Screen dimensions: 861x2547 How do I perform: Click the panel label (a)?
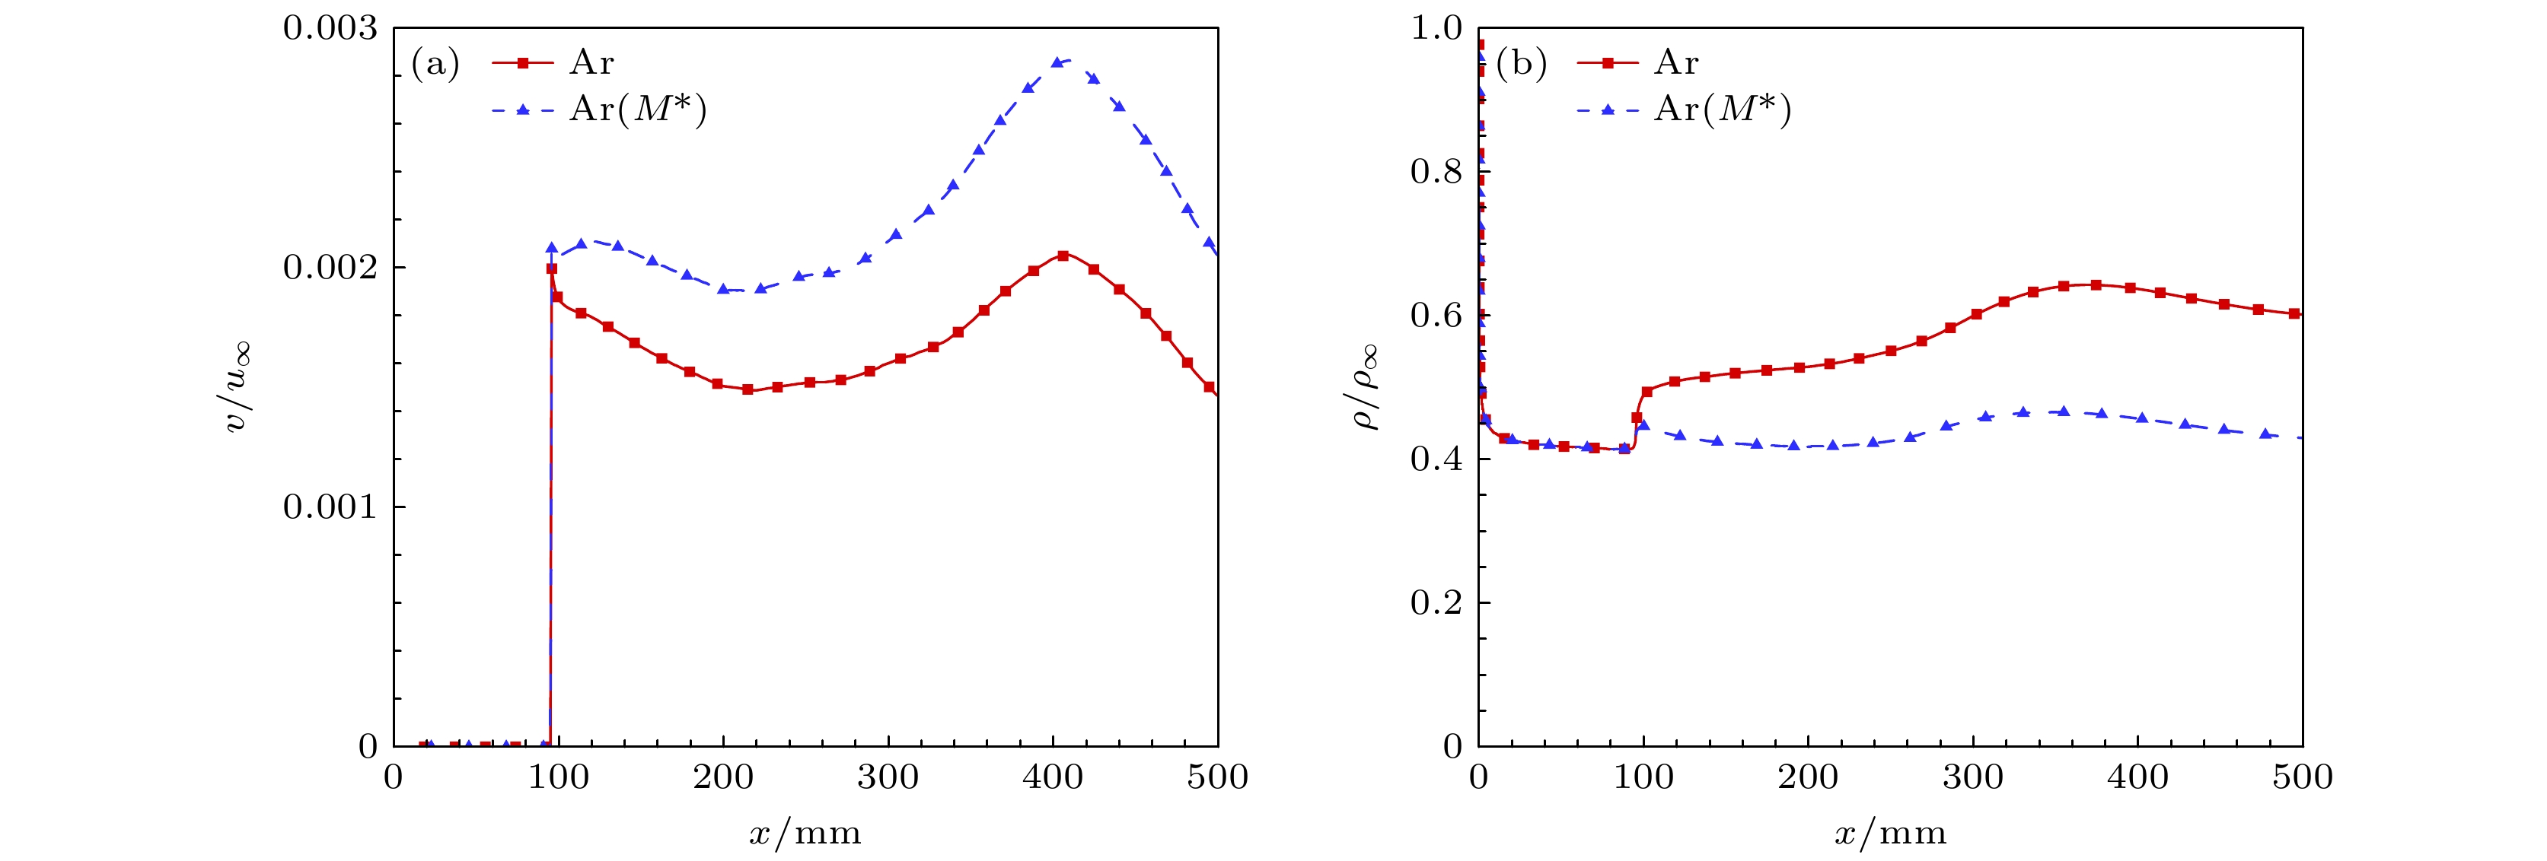[435, 64]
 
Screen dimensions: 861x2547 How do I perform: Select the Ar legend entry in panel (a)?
[591, 63]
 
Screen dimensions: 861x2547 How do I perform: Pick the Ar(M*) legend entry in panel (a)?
[638, 109]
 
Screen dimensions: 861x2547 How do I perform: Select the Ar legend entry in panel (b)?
[1676, 63]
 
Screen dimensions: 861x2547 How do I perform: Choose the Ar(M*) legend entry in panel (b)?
[1723, 109]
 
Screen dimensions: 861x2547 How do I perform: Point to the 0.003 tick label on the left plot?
[330, 27]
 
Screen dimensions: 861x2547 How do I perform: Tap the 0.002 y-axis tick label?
[330, 268]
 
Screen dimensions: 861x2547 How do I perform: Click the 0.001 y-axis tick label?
[330, 507]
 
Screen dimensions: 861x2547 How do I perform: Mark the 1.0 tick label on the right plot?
[1436, 27]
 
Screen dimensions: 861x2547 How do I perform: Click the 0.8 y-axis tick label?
[1436, 172]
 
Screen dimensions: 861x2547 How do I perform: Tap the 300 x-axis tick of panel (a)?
[888, 777]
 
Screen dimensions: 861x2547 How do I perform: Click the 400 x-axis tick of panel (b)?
[2137, 777]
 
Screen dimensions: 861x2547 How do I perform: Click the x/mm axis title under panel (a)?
[805, 834]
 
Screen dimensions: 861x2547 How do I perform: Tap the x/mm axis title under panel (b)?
[1891, 834]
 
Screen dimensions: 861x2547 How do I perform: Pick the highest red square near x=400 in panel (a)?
[1063, 255]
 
